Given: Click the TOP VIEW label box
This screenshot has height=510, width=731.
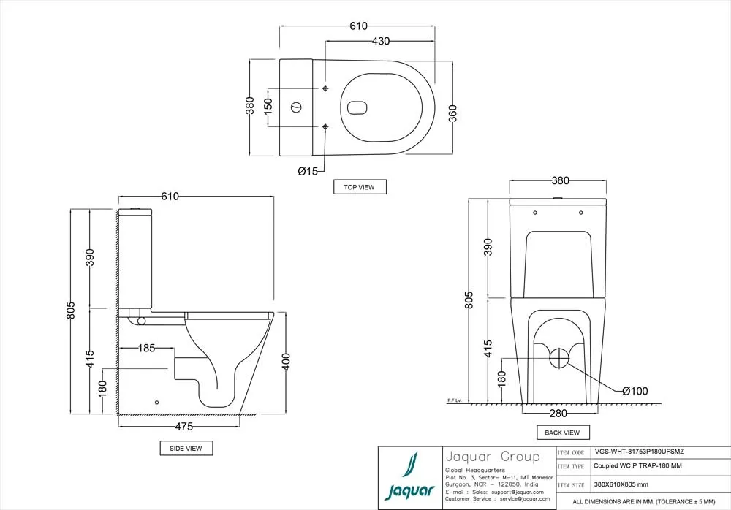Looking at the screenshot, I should (359, 187).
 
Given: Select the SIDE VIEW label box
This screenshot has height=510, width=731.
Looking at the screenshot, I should (186, 447).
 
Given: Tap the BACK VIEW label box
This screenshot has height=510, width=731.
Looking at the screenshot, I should (562, 433).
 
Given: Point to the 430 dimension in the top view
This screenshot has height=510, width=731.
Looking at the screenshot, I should (381, 42).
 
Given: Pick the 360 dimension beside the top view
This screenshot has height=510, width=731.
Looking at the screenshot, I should (452, 113).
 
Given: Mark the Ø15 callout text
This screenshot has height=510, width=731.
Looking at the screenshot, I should (307, 171).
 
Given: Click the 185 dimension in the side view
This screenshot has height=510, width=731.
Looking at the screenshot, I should (147, 348).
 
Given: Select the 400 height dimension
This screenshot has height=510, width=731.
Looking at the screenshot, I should (287, 361).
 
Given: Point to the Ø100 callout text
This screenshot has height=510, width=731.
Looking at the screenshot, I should (635, 392).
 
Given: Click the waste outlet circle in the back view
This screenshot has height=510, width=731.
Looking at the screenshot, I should (558, 358).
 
